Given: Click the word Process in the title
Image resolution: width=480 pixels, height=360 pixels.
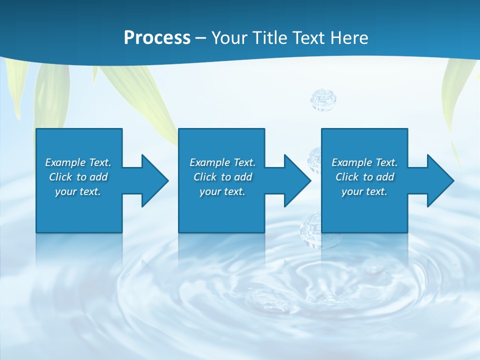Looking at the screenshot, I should tap(157, 38).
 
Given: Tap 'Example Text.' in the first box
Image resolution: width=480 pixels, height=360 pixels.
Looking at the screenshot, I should tap(78, 162).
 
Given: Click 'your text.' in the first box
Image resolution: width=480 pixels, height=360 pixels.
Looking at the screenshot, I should tap(78, 191).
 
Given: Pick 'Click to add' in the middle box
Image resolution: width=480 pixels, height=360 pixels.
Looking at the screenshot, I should tap(222, 177).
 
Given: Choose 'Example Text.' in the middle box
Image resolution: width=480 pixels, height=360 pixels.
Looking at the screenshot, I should tap(222, 162).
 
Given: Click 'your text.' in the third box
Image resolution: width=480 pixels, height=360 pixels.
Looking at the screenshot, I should tap(364, 191).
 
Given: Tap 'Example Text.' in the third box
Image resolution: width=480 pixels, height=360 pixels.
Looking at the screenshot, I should tap(364, 162).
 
